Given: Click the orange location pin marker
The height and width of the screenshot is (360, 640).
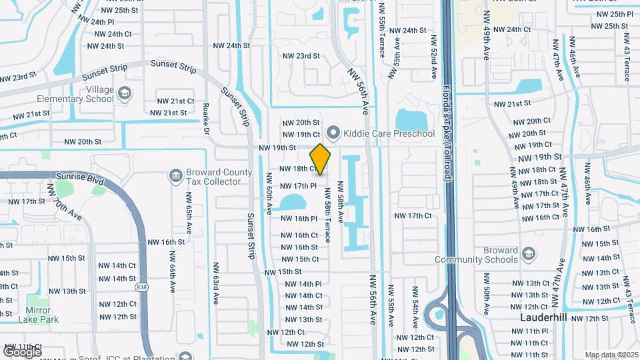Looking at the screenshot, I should click(320, 159).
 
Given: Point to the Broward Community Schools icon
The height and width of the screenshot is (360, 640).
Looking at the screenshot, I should click(528, 254).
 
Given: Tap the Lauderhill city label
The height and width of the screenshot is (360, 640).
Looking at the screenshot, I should click(543, 318).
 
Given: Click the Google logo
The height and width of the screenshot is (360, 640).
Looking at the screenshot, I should click(22, 351).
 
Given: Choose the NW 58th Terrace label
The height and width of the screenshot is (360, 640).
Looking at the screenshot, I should click(327, 214).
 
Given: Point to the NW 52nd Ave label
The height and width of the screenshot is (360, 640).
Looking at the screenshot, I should click(433, 57).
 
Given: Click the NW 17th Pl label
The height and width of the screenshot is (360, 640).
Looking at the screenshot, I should click(297, 186).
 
